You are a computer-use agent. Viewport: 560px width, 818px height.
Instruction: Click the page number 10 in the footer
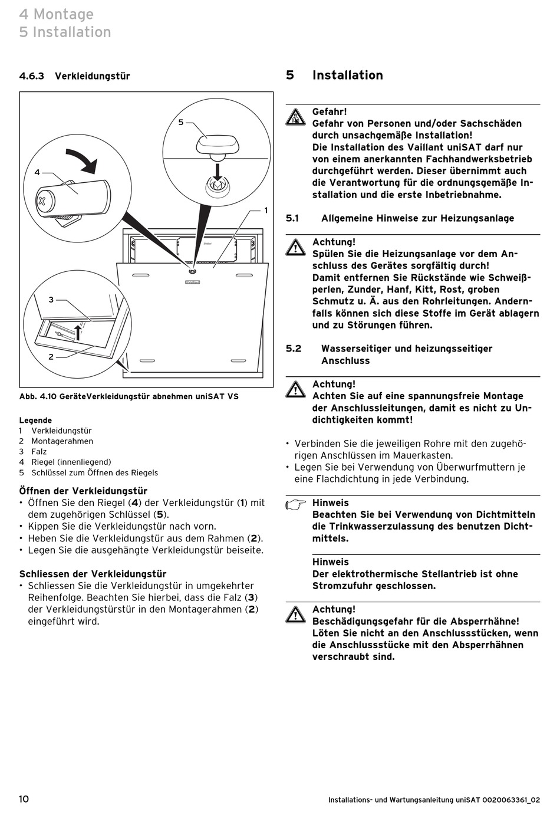[x=24, y=799]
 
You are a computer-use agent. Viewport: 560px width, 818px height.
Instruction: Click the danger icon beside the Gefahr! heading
[x=295, y=117]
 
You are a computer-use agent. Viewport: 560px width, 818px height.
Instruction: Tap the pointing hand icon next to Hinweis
[x=295, y=504]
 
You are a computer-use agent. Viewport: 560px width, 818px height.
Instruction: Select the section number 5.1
[x=292, y=218]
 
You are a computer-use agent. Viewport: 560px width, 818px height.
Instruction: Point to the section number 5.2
[x=294, y=349]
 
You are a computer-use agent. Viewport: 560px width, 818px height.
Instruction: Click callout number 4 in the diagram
[x=37, y=172]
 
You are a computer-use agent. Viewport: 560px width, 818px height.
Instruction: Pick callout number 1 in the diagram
[x=266, y=210]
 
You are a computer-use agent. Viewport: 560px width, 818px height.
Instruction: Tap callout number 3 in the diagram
[x=51, y=300]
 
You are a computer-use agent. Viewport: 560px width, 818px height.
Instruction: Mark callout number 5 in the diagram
[x=181, y=122]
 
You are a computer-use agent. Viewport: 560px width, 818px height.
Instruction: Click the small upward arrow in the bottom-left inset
[x=77, y=331]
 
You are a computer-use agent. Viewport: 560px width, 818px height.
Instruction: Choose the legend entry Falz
[x=39, y=452]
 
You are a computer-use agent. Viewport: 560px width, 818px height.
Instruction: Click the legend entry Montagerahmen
[x=62, y=441]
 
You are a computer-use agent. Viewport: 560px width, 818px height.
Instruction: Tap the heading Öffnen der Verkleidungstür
[x=83, y=491]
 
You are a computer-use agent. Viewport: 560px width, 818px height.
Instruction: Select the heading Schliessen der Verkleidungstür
[x=93, y=574]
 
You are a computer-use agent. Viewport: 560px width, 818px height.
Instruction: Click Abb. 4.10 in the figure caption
[x=38, y=396]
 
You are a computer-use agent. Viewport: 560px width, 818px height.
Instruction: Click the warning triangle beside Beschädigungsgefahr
[x=295, y=614]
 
